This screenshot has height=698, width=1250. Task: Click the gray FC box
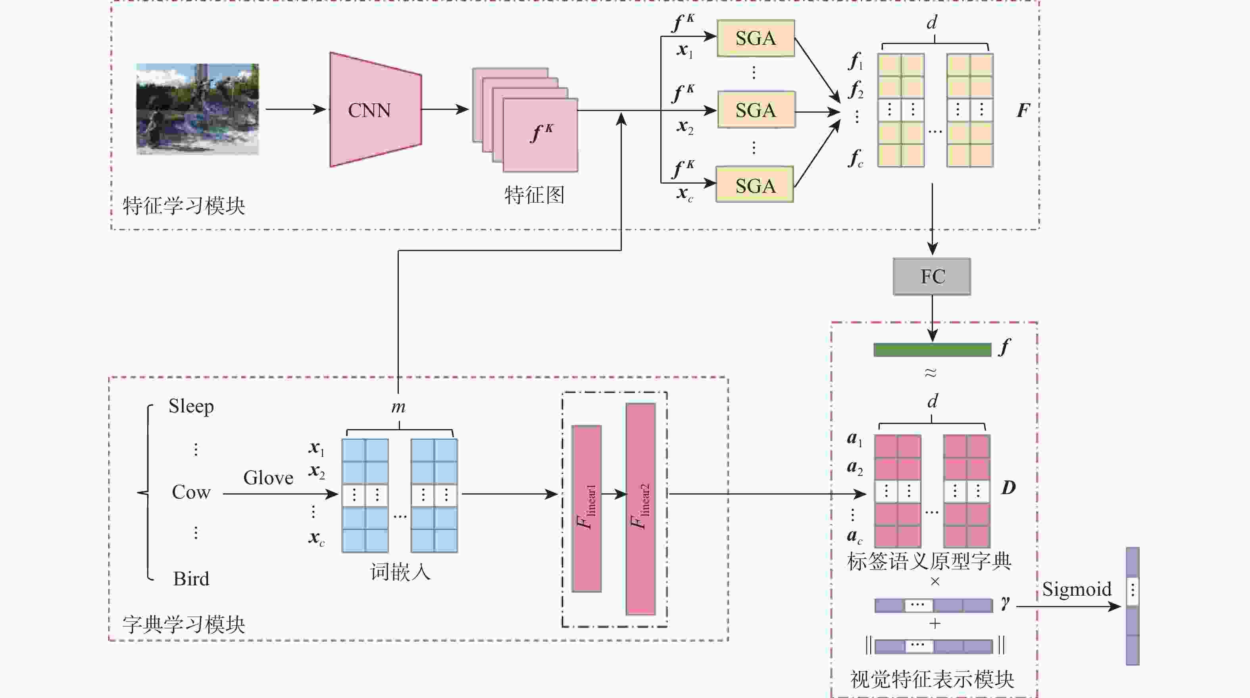(932, 276)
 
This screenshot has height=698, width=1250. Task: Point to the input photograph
(198, 109)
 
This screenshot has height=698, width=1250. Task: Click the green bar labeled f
(932, 350)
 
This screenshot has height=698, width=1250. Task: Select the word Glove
(268, 478)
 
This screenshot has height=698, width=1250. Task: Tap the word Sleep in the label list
(191, 406)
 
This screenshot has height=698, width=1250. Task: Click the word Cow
(191, 492)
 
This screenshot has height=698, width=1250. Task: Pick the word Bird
(191, 579)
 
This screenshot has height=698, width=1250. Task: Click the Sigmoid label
(1076, 589)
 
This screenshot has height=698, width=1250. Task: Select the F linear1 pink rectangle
(586, 508)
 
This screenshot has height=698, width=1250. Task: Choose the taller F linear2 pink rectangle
(640, 508)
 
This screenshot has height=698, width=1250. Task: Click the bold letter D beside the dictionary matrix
(1008, 487)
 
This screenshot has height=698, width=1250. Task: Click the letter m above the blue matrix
(398, 407)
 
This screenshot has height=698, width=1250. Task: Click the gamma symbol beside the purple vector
(1005, 603)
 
